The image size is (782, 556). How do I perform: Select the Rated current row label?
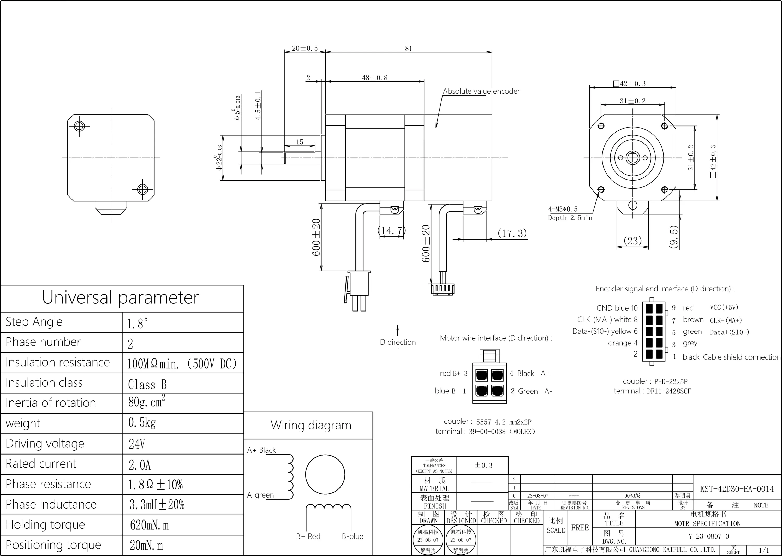tap(41, 464)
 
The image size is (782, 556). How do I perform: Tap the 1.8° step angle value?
tap(137, 324)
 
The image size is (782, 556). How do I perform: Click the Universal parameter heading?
tap(120, 297)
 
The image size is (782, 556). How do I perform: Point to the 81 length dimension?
tap(408, 49)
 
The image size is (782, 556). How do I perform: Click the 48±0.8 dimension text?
tap(375, 78)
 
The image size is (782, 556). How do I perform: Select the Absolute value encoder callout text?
tap(481, 91)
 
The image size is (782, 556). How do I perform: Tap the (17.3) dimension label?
tap(512, 233)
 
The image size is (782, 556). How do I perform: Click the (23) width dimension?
tap(632, 241)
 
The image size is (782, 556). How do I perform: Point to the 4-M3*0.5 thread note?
tap(563, 209)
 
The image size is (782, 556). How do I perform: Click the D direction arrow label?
tap(398, 342)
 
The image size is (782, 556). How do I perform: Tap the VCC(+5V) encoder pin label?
tap(724, 307)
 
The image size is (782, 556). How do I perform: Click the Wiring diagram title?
tap(311, 425)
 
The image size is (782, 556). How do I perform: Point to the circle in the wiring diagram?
tap(325, 474)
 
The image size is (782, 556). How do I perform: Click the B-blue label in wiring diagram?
tap(352, 536)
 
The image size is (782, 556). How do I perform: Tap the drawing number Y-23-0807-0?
tap(708, 536)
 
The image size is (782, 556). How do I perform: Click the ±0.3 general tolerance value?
tap(483, 465)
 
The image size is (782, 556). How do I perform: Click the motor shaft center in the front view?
tap(632, 158)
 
